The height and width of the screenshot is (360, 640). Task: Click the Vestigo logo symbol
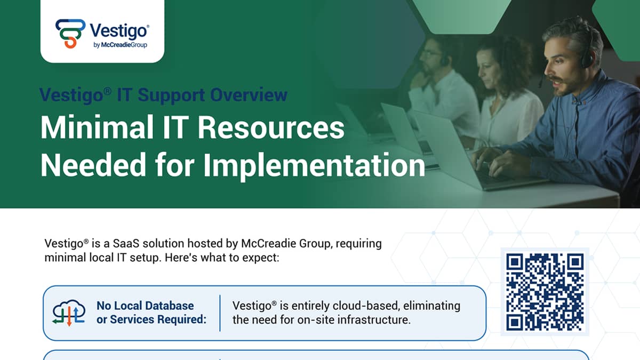(x=70, y=34)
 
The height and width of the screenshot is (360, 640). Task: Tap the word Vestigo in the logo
(x=119, y=31)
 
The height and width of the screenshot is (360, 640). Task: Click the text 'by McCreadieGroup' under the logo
(x=121, y=45)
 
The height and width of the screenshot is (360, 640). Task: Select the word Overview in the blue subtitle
(x=249, y=94)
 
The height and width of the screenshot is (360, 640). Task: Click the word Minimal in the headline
(x=97, y=127)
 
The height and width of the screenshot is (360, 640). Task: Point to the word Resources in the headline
(x=271, y=127)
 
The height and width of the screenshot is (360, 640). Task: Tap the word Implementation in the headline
(x=314, y=166)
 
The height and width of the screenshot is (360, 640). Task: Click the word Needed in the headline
(x=93, y=165)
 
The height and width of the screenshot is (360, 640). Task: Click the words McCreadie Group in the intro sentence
(x=286, y=243)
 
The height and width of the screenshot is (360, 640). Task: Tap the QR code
(x=545, y=292)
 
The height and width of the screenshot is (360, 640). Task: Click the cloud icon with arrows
(x=69, y=313)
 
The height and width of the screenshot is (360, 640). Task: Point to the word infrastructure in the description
(x=374, y=319)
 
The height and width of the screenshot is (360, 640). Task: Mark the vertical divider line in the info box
(x=220, y=313)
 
